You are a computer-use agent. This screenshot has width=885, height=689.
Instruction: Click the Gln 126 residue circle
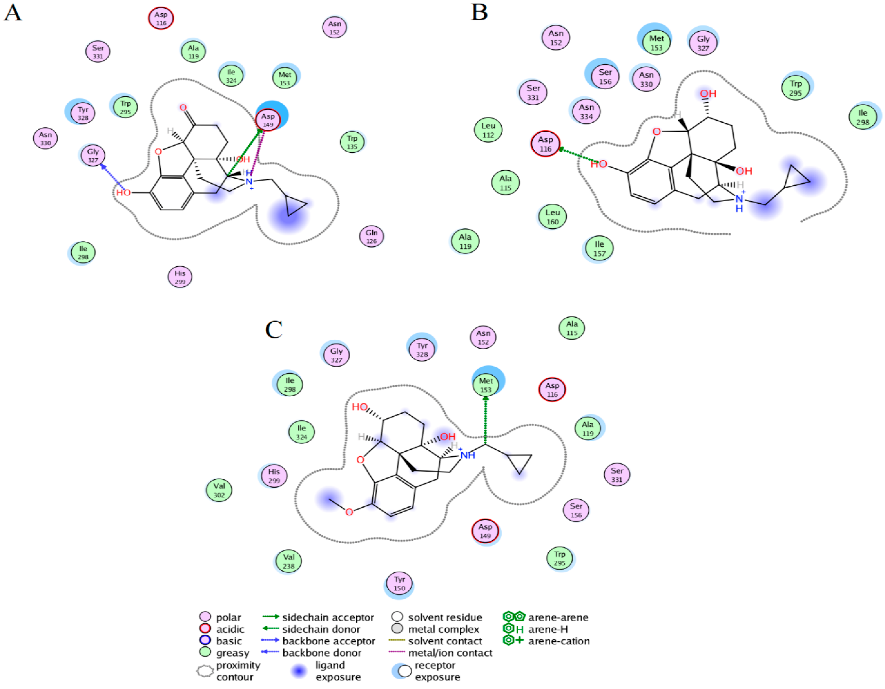coord(371,236)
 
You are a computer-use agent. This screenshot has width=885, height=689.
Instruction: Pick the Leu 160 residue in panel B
coord(552,217)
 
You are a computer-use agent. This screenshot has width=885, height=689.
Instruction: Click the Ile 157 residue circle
coord(599,249)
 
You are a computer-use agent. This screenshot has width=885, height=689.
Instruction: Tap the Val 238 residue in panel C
coord(288,561)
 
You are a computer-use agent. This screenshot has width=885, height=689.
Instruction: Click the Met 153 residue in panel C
coord(486,385)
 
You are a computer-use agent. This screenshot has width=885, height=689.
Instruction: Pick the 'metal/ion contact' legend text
coord(450,653)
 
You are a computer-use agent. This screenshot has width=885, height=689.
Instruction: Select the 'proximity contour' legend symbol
coord(205,671)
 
